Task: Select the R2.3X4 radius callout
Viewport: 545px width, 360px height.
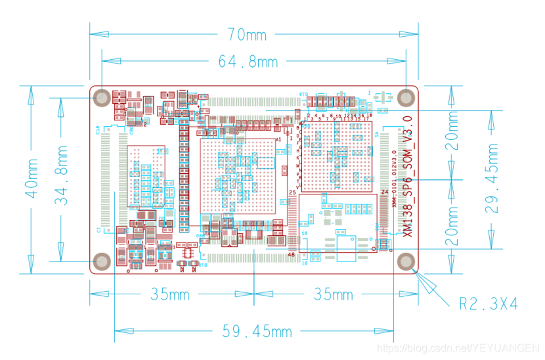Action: click(x=488, y=304)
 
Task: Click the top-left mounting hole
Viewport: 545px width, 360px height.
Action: click(x=102, y=98)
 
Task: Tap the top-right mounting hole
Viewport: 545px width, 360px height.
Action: click(x=408, y=98)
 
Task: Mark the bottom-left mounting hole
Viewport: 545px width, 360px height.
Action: click(x=102, y=261)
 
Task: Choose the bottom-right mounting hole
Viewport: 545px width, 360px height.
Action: click(x=408, y=261)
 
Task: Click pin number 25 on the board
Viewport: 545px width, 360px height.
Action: click(x=293, y=192)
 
